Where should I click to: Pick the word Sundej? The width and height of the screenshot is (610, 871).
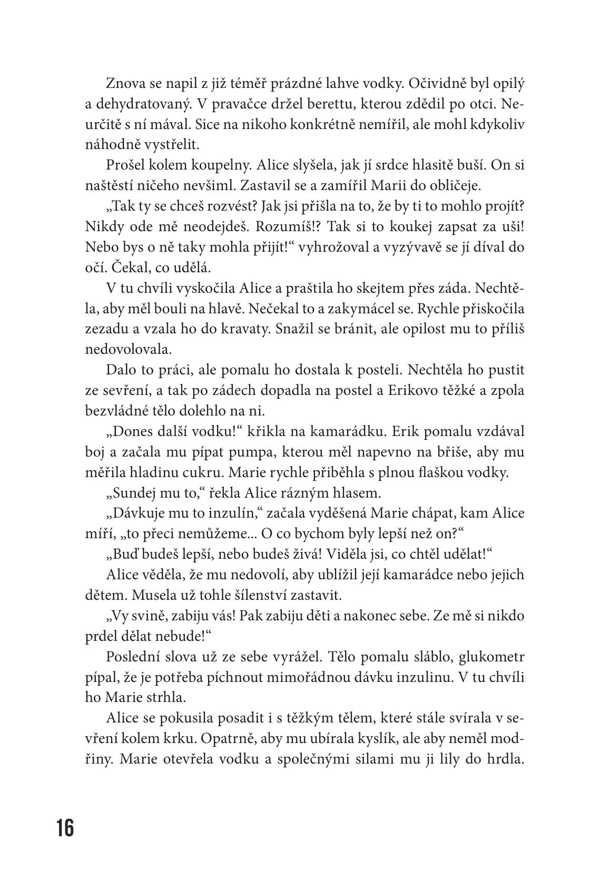point(129,493)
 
